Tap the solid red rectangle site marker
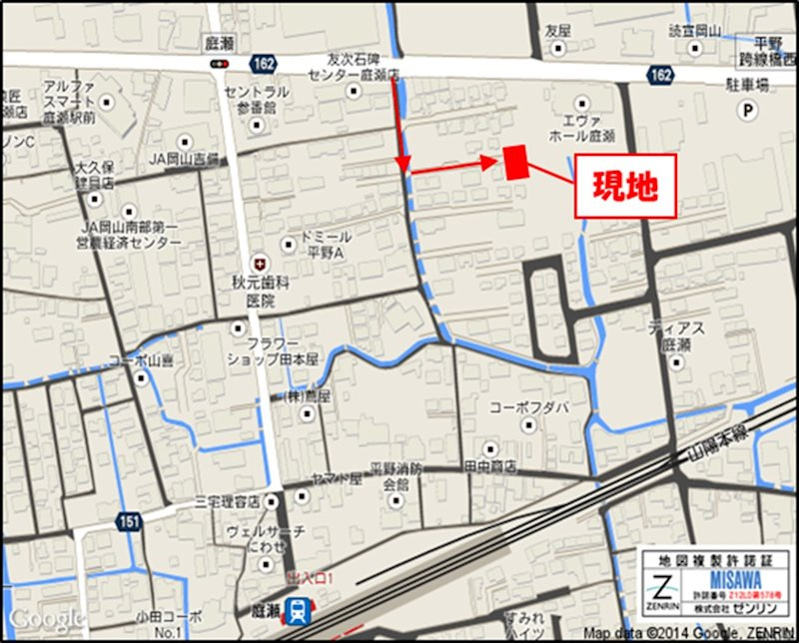click(x=515, y=162)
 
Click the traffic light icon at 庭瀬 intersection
click(x=219, y=65)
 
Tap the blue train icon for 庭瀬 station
click(x=296, y=609)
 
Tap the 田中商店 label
click(x=489, y=465)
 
